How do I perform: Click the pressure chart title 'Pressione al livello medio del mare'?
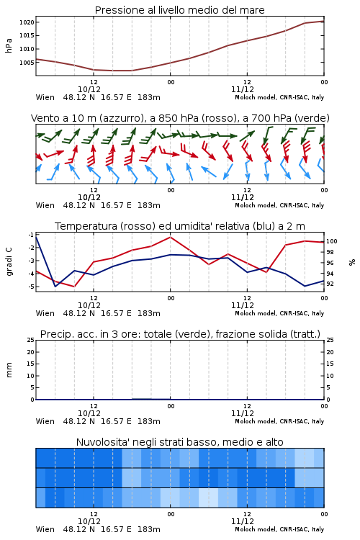click(x=179, y=10)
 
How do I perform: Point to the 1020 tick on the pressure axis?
click(x=27, y=22)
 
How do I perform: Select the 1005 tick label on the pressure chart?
click(x=27, y=63)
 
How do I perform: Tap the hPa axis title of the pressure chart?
click(x=9, y=45)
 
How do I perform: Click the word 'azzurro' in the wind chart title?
click(x=120, y=119)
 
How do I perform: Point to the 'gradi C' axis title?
click(x=9, y=262)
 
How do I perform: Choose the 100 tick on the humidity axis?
click(x=331, y=241)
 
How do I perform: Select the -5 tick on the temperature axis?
click(x=31, y=287)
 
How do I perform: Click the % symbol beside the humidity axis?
click(x=352, y=262)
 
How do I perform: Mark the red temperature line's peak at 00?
click(x=170, y=237)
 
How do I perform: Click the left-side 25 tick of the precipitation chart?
click(x=31, y=340)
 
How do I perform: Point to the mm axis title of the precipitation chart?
click(x=9, y=370)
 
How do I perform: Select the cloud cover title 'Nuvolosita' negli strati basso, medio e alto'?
click(x=179, y=442)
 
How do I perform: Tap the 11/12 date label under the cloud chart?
click(x=242, y=521)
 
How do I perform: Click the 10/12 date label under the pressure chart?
click(x=89, y=89)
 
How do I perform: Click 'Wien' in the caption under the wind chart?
click(x=45, y=206)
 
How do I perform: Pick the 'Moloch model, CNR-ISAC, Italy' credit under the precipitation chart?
click(x=279, y=421)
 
